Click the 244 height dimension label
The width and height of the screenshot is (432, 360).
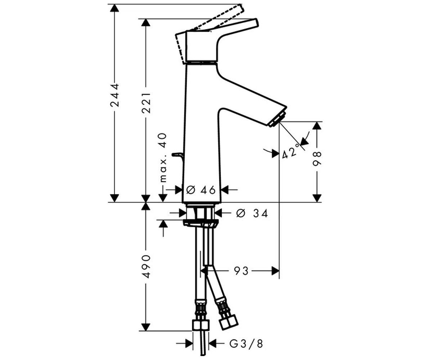pos(114,95)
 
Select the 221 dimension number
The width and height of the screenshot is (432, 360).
pos(146,103)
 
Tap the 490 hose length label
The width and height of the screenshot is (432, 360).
pos(146,266)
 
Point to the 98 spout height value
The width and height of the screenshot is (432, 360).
pos(317,159)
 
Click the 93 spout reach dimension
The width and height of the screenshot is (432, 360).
pos(241,271)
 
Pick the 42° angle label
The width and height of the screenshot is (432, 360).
pos(291,152)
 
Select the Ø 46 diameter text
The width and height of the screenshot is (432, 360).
pos(201,190)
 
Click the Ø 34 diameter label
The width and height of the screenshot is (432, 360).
pos(252,213)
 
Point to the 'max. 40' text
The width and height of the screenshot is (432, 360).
pos(163,158)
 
